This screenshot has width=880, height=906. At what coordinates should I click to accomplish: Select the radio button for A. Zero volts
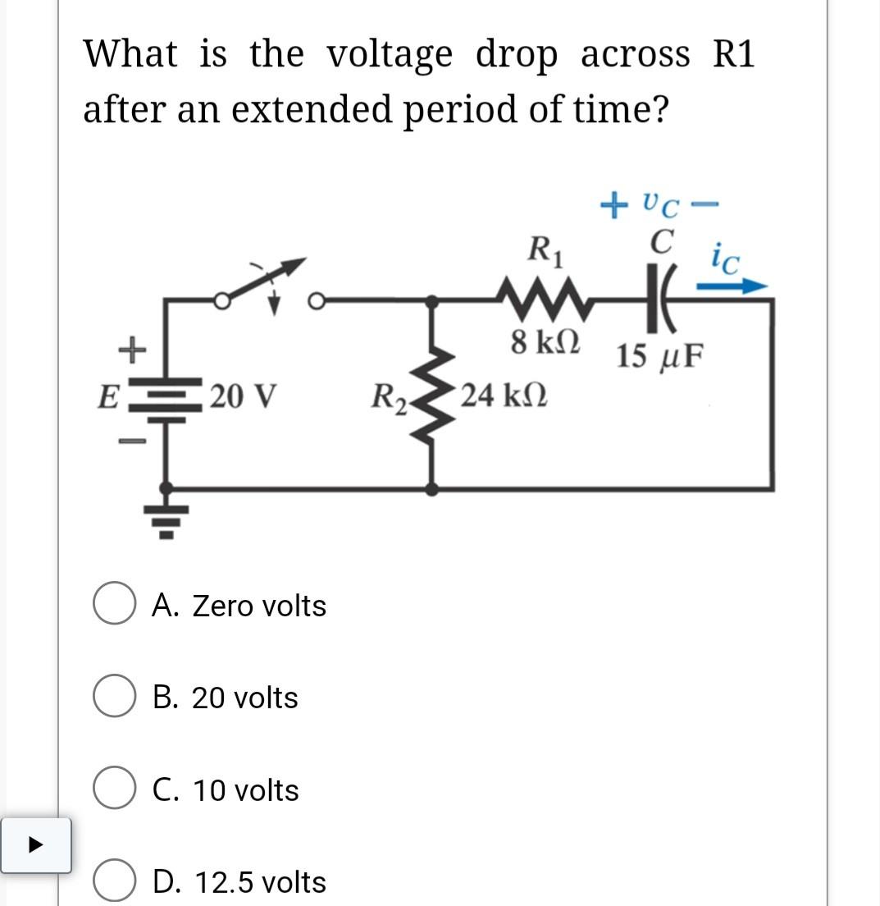pyautogui.click(x=113, y=606)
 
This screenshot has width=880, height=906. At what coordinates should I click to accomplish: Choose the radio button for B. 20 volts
pyautogui.click(x=113, y=698)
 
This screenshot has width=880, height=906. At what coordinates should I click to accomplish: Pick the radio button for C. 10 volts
pyautogui.click(x=113, y=790)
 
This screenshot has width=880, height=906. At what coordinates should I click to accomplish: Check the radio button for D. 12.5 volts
pyautogui.click(x=113, y=883)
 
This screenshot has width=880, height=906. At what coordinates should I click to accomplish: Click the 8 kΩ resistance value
pyautogui.click(x=545, y=342)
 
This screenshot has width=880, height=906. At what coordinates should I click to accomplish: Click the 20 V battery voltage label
pyautogui.click(x=243, y=396)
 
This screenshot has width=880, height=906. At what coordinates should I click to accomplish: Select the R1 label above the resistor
pyautogui.click(x=545, y=248)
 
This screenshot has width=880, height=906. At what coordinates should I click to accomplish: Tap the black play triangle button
pyautogui.click(x=35, y=844)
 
